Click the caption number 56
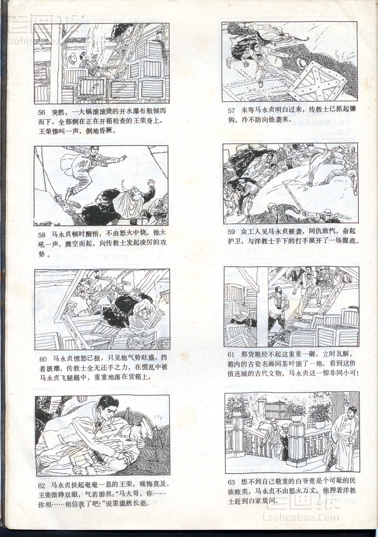[x=42, y=113]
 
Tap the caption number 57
[x=231, y=111]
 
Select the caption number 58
[x=42, y=235]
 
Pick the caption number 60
[x=43, y=359]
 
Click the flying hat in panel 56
[x=73, y=58]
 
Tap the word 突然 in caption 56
[x=58, y=112]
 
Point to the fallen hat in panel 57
[x=301, y=62]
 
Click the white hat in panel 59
[x=327, y=211]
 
